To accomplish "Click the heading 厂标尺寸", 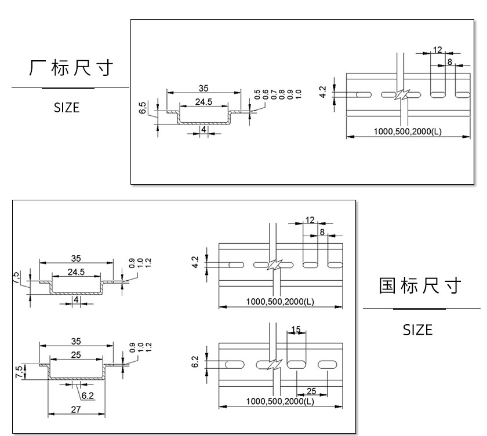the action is [71, 68].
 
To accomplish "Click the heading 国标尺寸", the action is [420, 286].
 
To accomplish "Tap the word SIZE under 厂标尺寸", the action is [67, 108].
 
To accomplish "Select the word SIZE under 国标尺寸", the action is [418, 330].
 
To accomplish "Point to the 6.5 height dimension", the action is [143, 108].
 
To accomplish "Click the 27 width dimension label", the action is [76, 409].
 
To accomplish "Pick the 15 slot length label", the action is [296, 329].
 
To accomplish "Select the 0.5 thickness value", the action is [257, 94].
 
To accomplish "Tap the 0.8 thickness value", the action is [282, 94].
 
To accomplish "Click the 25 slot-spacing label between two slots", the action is [311, 391].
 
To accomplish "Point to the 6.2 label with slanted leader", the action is [88, 395].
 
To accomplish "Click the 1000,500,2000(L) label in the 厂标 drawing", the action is [408, 131].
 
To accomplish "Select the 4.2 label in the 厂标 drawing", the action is [323, 92].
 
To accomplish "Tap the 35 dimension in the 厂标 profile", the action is [203, 89].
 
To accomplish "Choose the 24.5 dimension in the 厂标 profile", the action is [203, 102].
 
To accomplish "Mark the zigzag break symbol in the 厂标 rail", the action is [402, 94].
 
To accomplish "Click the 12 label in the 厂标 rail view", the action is [437, 50].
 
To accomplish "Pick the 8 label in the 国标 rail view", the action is [322, 232].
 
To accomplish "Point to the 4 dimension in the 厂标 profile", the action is [203, 129].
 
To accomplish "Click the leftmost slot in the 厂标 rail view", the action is [364, 94].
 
